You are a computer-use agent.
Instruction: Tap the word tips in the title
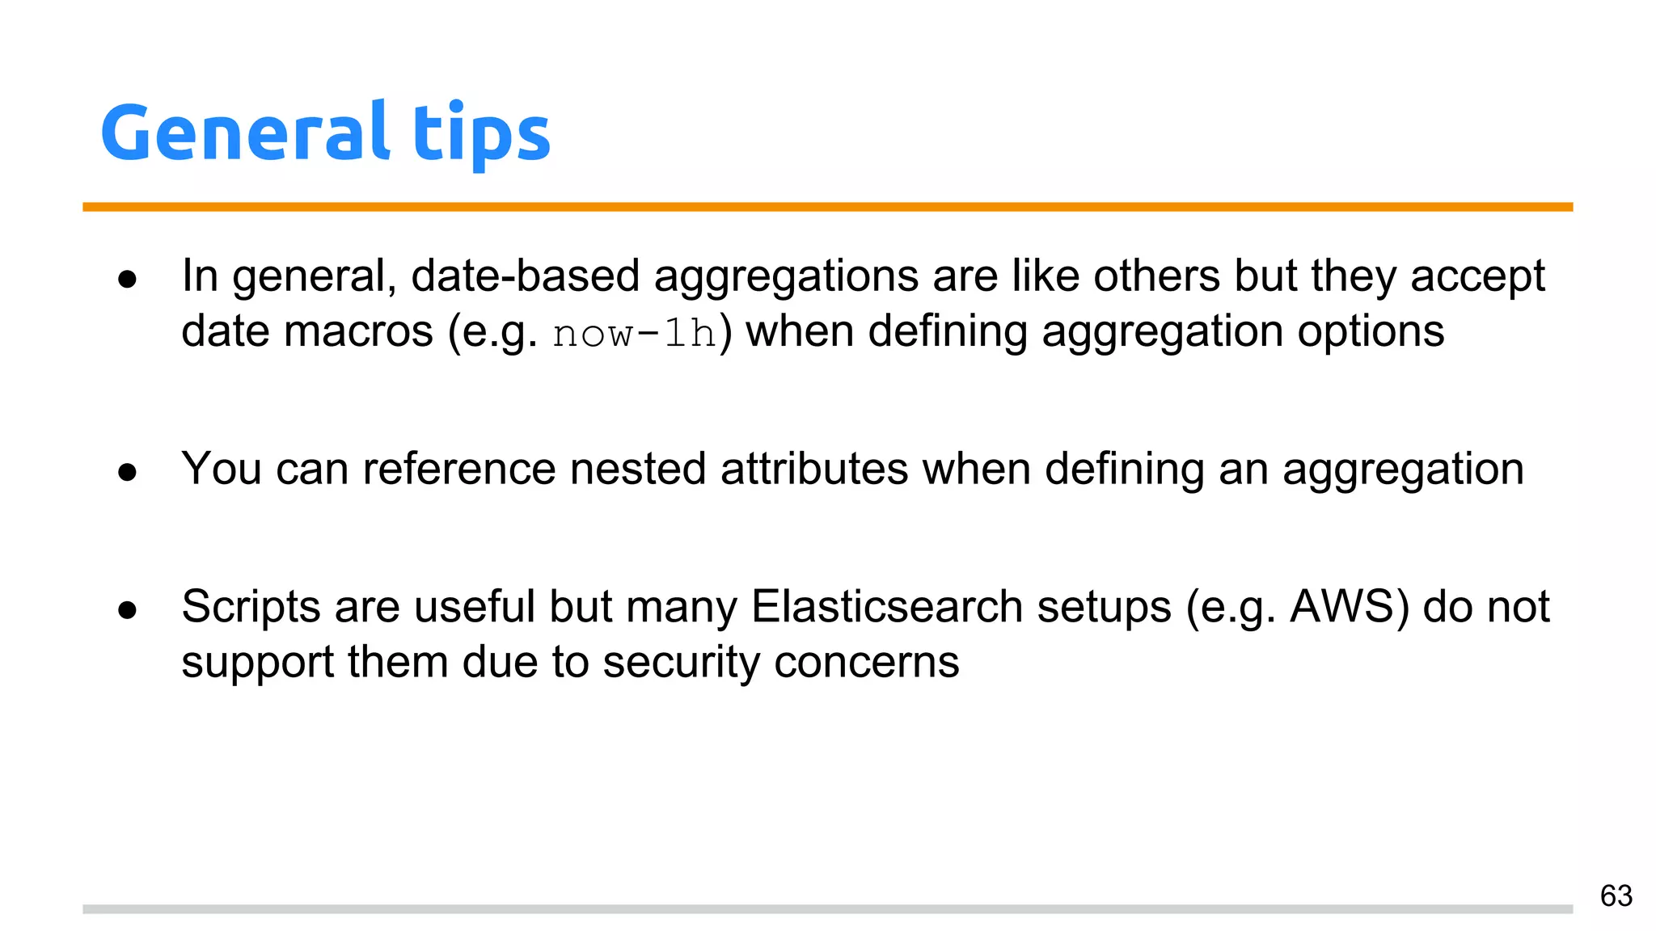pyautogui.click(x=482, y=134)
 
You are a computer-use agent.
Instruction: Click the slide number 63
pyautogui.click(x=1616, y=895)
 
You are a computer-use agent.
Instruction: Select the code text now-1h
pyautogui.click(x=635, y=333)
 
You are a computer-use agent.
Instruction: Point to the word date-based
pyautogui.click(x=526, y=276)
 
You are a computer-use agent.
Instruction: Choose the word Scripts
pyautogui.click(x=251, y=608)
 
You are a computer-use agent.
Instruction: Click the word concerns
pyautogui.click(x=866, y=663)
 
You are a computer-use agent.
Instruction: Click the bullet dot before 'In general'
pyautogui.click(x=127, y=279)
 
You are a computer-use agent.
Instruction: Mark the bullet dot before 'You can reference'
pyautogui.click(x=127, y=472)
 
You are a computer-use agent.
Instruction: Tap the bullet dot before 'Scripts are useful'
pyautogui.click(x=127, y=609)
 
